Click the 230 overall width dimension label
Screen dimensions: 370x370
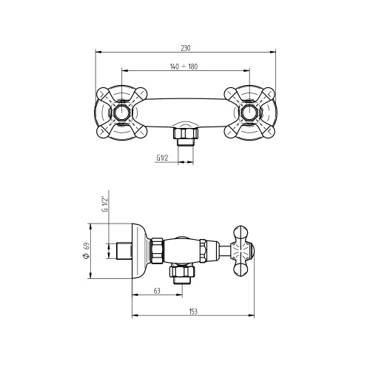(186, 48)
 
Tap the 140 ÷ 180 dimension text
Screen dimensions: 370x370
(184, 67)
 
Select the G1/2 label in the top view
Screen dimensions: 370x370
(162, 158)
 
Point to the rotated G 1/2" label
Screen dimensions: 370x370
(105, 204)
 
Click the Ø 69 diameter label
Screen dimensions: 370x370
(87, 251)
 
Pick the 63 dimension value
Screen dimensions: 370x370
(157, 291)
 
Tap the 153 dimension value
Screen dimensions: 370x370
(193, 312)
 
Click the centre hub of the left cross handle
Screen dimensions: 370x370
(121, 112)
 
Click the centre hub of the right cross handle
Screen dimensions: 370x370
(249, 112)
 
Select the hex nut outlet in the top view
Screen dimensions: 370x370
(186, 133)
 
